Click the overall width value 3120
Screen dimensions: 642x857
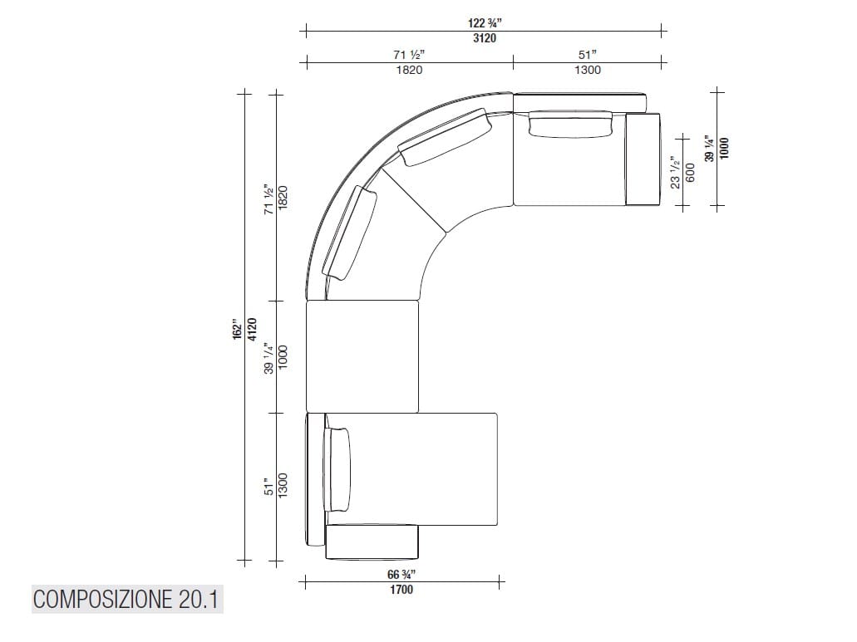tap(485, 38)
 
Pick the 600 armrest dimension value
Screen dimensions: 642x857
tap(689, 173)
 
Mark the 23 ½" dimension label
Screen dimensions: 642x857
tap(676, 173)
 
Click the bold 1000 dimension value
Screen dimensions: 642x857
tap(724, 148)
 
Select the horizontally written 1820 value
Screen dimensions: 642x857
tap(409, 70)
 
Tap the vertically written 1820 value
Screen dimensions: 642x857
tap(283, 198)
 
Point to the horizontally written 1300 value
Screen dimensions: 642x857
tap(587, 70)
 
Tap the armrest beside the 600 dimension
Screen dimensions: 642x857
tap(642, 159)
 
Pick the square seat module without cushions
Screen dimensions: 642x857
tap(362, 356)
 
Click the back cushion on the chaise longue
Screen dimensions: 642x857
tap(340, 469)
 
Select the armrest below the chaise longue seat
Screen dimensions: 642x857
tap(372, 542)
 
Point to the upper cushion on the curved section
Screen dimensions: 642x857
tap(446, 140)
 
